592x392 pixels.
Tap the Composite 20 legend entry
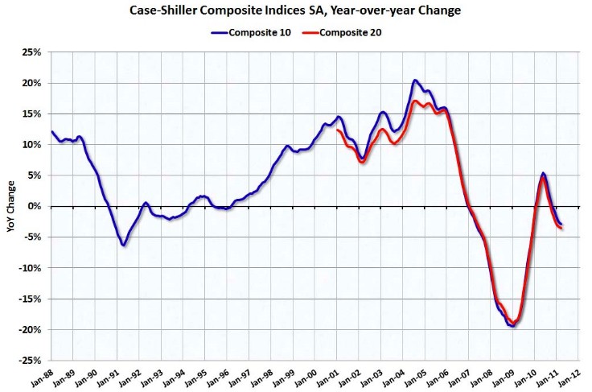coord(352,33)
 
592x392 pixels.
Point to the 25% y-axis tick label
coord(33,52)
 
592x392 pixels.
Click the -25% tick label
coord(31,360)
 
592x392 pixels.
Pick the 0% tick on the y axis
coord(36,206)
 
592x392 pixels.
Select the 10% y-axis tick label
coord(33,145)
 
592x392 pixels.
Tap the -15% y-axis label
coord(31,299)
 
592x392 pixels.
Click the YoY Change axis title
coord(10,207)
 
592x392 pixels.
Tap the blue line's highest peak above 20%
coord(414,80)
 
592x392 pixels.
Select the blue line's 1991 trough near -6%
coord(124,245)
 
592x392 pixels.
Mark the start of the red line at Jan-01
coord(338,130)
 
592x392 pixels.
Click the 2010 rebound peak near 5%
coord(544,174)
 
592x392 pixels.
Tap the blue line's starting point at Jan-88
coord(52,131)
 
